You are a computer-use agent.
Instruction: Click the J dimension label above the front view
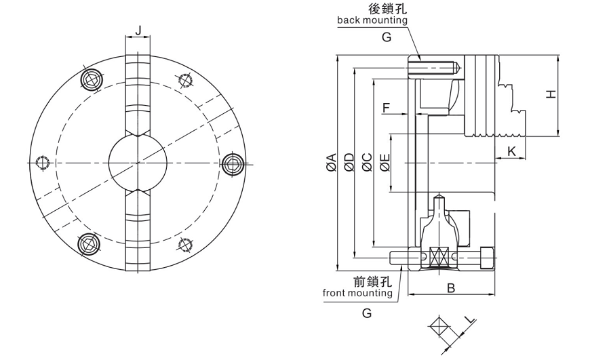[x=138, y=31]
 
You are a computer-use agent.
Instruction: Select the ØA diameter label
[x=332, y=163]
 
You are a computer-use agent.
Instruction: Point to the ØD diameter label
[x=349, y=163]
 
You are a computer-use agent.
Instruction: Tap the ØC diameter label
[x=367, y=163]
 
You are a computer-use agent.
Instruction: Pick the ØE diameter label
[x=385, y=163]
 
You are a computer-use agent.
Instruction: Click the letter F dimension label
[x=386, y=107]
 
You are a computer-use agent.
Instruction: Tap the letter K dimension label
[x=512, y=150]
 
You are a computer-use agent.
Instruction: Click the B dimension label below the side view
[x=450, y=288]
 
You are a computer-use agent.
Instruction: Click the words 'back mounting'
[x=372, y=20]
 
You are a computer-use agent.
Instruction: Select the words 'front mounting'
[x=357, y=294]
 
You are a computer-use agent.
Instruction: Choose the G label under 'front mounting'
[x=367, y=313]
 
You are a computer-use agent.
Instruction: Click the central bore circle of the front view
[x=138, y=162]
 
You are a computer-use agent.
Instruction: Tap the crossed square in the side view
[x=436, y=257]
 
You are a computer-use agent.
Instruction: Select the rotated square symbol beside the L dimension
[x=438, y=329]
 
